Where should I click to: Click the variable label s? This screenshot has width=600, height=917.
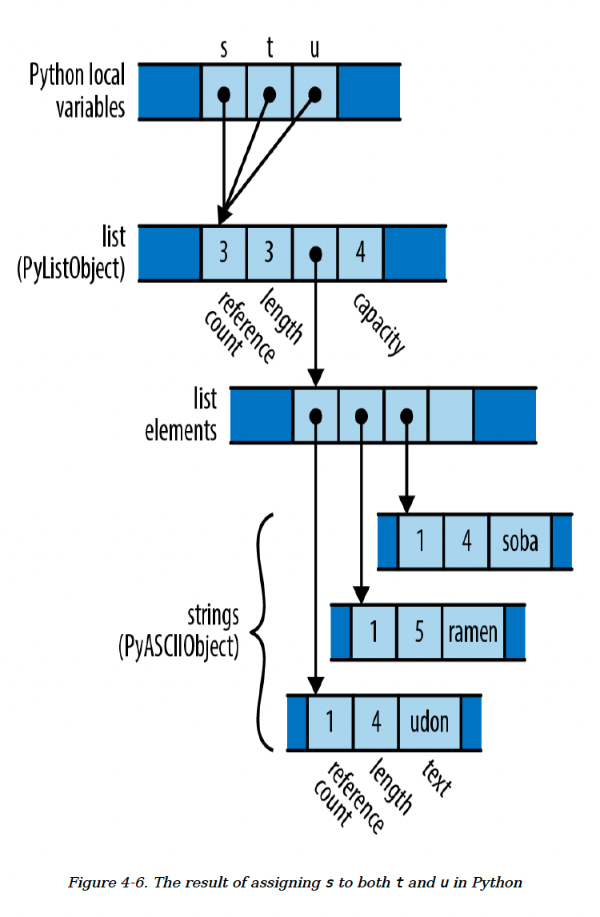click(223, 50)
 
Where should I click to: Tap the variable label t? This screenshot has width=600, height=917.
click(270, 49)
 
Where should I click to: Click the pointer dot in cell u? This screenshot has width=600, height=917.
click(314, 94)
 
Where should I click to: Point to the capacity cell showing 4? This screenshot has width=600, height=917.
click(361, 253)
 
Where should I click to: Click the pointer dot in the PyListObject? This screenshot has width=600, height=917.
click(316, 254)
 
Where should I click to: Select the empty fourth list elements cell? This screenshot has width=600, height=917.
click(450, 416)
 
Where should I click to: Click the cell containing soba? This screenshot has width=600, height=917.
click(520, 541)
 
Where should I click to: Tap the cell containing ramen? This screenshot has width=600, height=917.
click(473, 632)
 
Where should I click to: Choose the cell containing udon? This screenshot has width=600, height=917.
click(430, 722)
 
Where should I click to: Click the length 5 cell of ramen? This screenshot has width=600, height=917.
click(418, 632)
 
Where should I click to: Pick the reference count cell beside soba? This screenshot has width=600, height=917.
click(421, 541)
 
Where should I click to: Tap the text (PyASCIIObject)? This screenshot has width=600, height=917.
click(178, 645)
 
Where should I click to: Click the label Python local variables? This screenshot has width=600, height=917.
click(78, 91)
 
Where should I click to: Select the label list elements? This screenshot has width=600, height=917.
click(181, 416)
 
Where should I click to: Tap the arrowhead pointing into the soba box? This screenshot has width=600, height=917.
click(406, 505)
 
